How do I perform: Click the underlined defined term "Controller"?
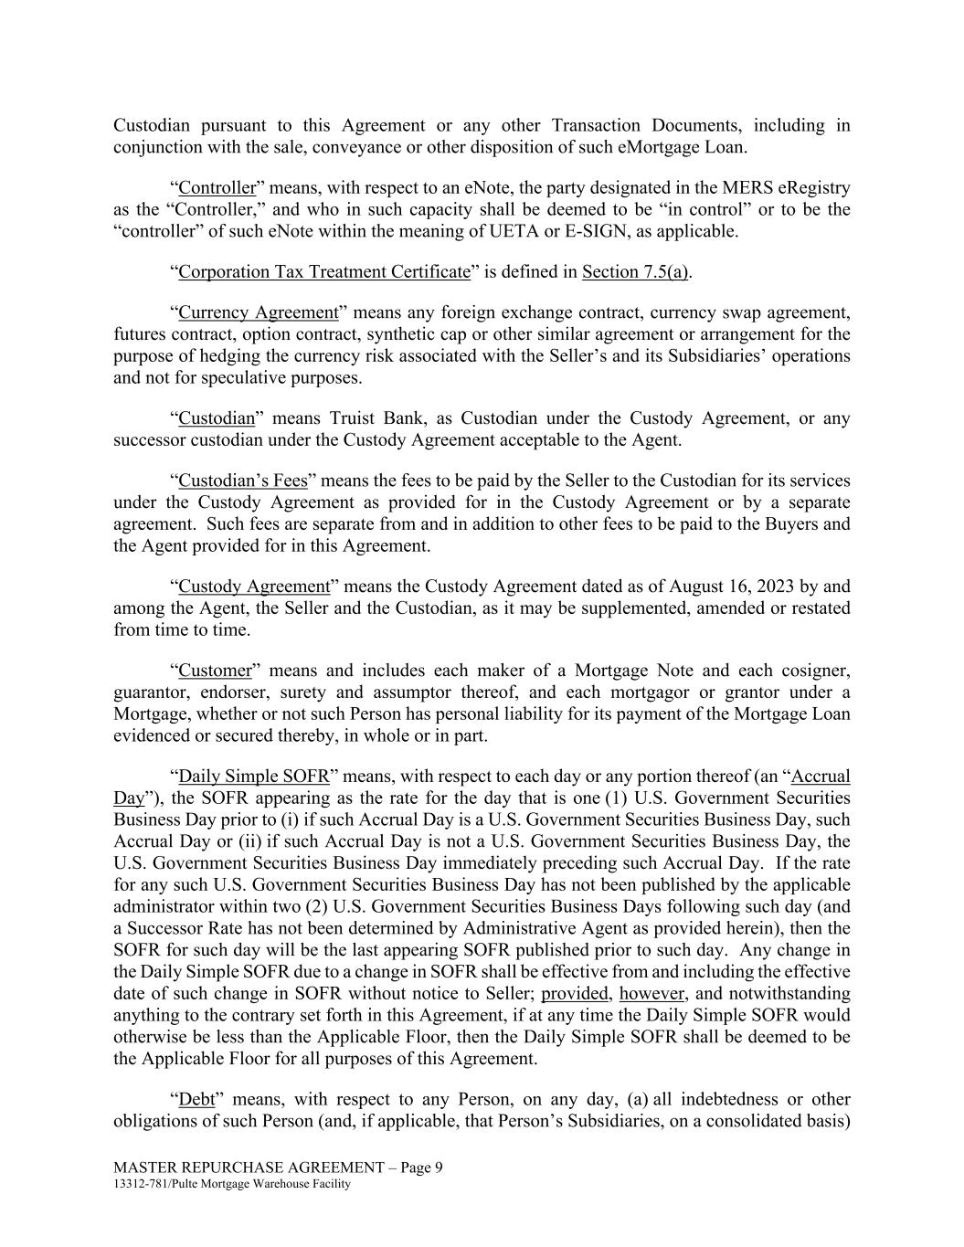click(217, 188)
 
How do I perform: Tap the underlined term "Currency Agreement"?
click(258, 312)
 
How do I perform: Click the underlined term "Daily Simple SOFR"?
click(253, 777)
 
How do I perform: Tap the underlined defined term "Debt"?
click(196, 1099)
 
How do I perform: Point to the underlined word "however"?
click(651, 993)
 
